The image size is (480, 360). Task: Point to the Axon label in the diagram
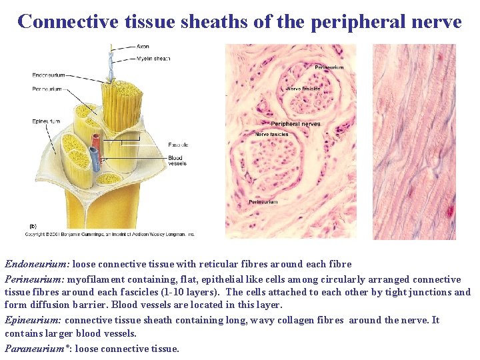pyautogui.click(x=143, y=47)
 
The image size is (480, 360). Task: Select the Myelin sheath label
pyautogui.click(x=153, y=59)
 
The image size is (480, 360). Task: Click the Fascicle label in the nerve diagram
pyautogui.click(x=178, y=145)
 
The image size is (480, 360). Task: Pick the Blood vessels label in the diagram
pyautogui.click(x=177, y=161)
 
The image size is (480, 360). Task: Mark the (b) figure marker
pyautogui.click(x=33, y=227)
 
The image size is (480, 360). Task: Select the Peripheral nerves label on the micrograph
pyautogui.click(x=295, y=124)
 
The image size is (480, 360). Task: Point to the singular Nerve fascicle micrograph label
pyautogui.click(x=303, y=88)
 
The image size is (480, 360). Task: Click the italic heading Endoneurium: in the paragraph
pyautogui.click(x=37, y=264)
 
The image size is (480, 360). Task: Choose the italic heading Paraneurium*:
pyautogui.click(x=39, y=348)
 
